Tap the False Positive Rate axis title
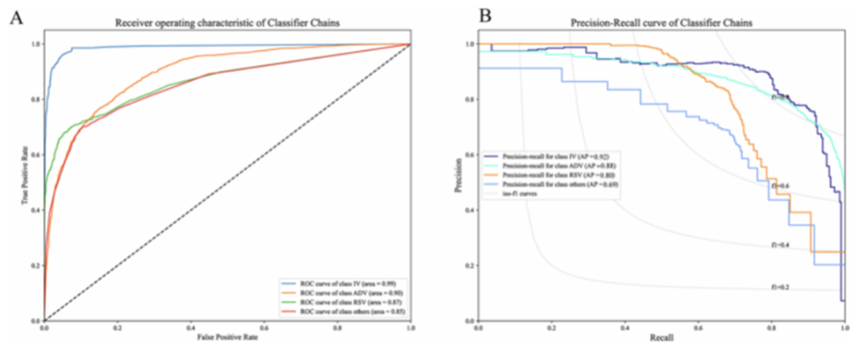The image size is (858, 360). click(226, 337)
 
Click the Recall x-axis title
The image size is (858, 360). click(660, 338)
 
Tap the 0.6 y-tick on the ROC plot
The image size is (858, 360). click(34, 154)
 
